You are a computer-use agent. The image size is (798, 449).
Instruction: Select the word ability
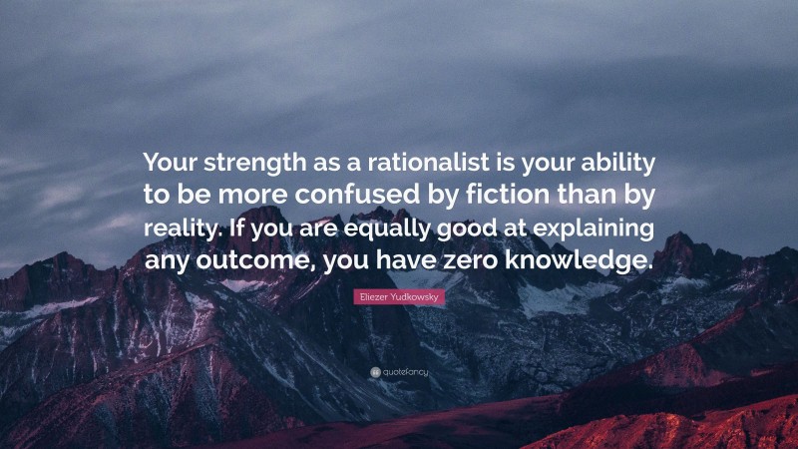[618, 162]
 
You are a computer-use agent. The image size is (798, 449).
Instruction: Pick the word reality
[179, 228]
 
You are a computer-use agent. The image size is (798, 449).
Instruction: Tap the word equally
[375, 228]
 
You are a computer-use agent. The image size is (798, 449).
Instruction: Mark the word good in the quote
[455, 228]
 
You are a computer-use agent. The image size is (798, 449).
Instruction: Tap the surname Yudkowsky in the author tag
[417, 297]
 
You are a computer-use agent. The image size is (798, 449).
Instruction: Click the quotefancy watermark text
[406, 372]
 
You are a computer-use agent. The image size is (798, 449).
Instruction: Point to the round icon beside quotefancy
[374, 372]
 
